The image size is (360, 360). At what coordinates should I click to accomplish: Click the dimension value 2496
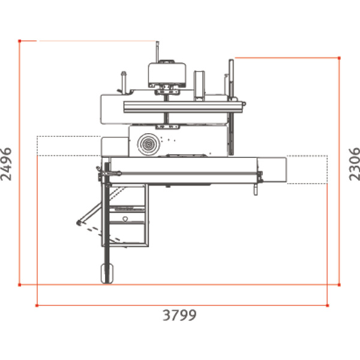point(8,163)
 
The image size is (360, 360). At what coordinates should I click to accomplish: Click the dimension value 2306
point(353,164)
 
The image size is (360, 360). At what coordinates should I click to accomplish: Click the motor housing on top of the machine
point(166,73)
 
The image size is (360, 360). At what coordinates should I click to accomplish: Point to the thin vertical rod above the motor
point(158,51)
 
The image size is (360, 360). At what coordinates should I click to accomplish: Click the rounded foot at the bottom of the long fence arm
point(107,273)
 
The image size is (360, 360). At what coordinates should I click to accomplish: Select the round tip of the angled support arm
point(79,223)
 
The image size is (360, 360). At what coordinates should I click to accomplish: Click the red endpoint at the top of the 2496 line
point(20,41)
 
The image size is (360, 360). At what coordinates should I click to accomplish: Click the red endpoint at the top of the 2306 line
point(340,58)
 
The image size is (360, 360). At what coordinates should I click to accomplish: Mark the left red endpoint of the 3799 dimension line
point(37,306)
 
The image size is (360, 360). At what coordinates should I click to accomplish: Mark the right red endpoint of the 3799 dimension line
point(328,306)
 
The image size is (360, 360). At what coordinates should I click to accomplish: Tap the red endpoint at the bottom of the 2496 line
point(20,284)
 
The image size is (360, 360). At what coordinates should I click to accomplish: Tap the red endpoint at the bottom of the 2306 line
point(340,284)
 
